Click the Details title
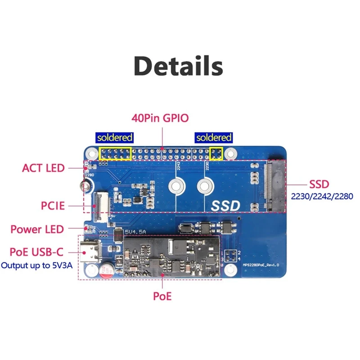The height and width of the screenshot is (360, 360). [179, 66]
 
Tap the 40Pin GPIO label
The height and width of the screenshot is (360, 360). [160, 118]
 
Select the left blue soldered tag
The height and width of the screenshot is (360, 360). [115, 138]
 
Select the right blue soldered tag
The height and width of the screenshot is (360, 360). [213, 138]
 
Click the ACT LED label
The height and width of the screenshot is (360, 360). [43, 168]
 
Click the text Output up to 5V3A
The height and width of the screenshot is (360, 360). [37, 265]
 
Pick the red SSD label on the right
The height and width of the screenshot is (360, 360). [319, 184]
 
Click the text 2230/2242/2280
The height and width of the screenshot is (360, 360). [322, 196]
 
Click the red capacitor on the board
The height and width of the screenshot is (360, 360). [107, 270]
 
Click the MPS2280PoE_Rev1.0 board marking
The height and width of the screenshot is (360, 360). [261, 265]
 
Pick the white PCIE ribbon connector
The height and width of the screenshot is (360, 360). [96, 205]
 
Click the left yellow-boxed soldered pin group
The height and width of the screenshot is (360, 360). [115, 153]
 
